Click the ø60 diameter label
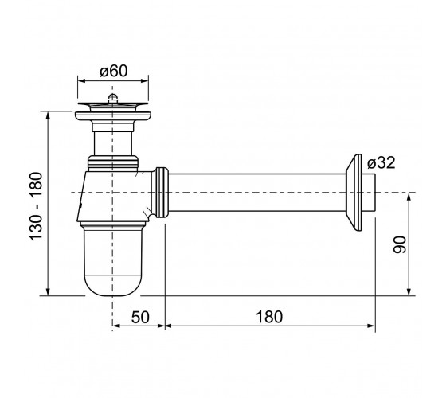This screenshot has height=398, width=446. tap(113, 71)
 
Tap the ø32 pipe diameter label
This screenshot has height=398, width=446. tap(381, 163)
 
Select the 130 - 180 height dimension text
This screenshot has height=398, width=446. tap(36, 206)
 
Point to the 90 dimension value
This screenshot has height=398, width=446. tap(400, 244)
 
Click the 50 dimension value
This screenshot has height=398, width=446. tap(140, 317)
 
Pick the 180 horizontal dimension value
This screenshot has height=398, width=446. tap(269, 317)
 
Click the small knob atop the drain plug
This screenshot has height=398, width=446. tap(113, 98)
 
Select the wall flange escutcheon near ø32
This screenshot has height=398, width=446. tap(354, 193)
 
